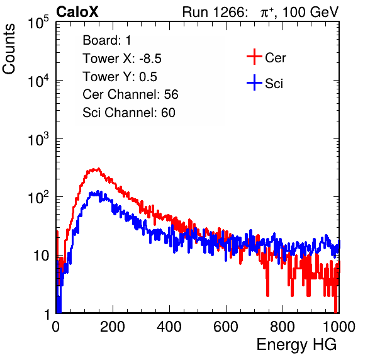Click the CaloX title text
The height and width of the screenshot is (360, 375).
point(77,12)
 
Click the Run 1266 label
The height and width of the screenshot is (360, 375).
point(215,12)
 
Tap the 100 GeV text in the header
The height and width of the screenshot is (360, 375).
point(310,12)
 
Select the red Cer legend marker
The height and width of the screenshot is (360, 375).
point(254,57)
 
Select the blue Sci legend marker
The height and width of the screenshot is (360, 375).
point(254,83)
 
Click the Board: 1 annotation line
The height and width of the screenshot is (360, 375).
point(107,40)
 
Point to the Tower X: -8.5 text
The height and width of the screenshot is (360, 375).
point(122,59)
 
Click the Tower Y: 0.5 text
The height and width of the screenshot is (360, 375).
point(120,77)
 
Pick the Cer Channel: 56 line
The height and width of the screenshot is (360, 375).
point(130,94)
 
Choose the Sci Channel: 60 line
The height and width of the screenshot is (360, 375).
point(129,113)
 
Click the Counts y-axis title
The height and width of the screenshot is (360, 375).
point(9,49)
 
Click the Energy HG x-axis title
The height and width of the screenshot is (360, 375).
point(296,345)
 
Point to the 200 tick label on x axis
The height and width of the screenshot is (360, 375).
point(113,327)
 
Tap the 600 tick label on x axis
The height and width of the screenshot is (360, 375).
point(226,327)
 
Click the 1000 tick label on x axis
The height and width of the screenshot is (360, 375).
point(339,327)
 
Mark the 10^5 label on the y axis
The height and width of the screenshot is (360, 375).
point(38,23)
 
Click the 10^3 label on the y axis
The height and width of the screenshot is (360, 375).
point(38,139)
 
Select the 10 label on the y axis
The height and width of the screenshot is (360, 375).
point(41,256)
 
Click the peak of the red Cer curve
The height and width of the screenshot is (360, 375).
point(98,169)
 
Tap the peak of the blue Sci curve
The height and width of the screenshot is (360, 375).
point(98,191)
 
